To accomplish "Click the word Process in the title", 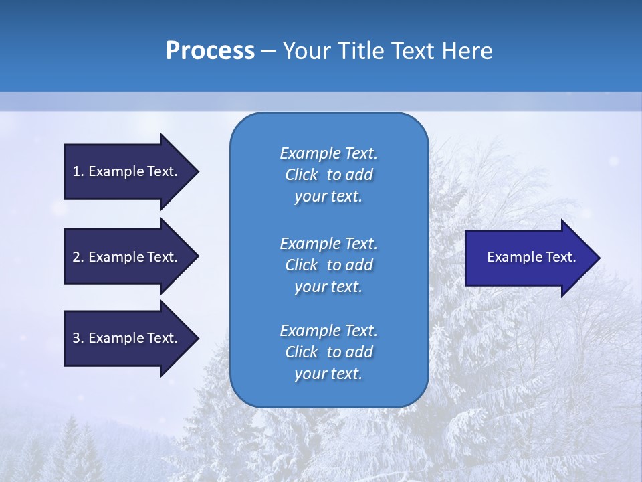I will click(210, 51).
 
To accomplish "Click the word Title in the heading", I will click(360, 51).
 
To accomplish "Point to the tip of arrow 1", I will click(197, 171).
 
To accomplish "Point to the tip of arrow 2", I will click(197, 257).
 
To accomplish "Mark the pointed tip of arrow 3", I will click(197, 338).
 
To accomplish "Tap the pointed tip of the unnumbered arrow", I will click(599, 258).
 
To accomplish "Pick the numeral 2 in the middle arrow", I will click(76, 257).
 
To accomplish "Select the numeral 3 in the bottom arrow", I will click(76, 338).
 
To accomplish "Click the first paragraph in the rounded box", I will click(328, 175).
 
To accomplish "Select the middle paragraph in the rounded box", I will click(328, 265).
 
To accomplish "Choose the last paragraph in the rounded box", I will click(328, 352).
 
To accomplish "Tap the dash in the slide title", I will click(268, 51).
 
